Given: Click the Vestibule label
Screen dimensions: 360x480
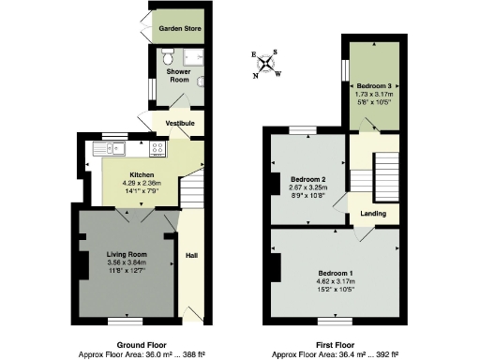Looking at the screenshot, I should click(x=180, y=123).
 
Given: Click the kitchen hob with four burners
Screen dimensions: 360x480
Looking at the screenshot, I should click(x=157, y=147).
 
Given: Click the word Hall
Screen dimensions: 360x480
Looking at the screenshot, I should click(x=192, y=254).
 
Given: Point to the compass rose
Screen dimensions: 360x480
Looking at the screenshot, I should click(x=268, y=64).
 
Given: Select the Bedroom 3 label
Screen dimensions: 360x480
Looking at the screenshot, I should click(x=374, y=85).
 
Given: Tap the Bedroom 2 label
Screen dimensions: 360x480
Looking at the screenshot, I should click(x=307, y=179).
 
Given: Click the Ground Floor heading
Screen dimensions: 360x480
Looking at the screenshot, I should click(x=141, y=344).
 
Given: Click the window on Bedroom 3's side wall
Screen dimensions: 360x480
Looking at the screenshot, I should click(x=344, y=70).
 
